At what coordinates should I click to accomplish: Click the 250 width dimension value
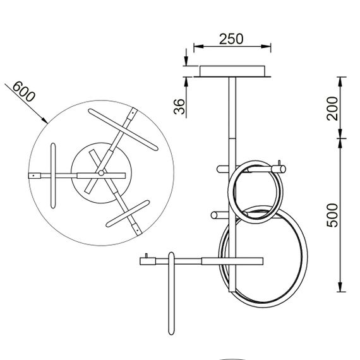coord(231,38)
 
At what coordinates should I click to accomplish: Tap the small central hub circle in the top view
coord(100,172)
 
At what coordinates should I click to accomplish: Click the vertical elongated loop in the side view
coord(171,294)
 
